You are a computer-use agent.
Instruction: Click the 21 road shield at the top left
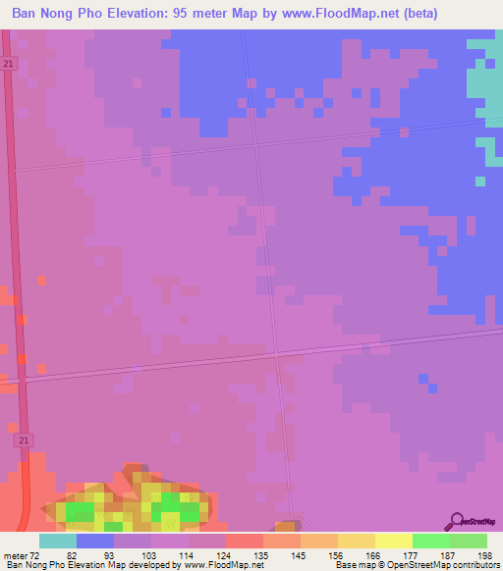pos(8,62)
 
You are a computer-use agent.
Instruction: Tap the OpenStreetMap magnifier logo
pos(458,521)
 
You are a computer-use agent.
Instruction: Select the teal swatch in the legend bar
pos(58,541)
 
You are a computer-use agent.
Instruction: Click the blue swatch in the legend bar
pos(95,541)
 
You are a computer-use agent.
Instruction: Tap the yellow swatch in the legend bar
pos(394,541)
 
